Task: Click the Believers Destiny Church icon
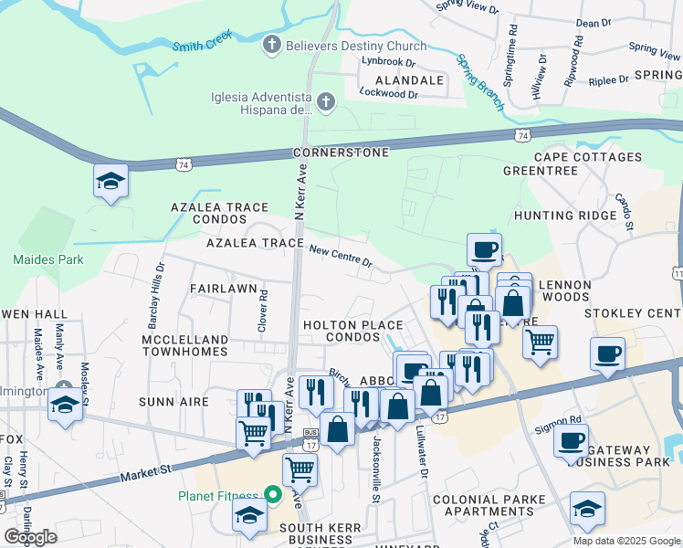271,45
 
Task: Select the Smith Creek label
202,40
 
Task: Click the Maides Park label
47,259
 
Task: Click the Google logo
30,537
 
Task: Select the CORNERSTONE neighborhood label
341,153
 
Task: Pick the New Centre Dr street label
341,255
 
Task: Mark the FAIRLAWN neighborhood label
223,288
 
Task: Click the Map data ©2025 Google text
625,541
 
